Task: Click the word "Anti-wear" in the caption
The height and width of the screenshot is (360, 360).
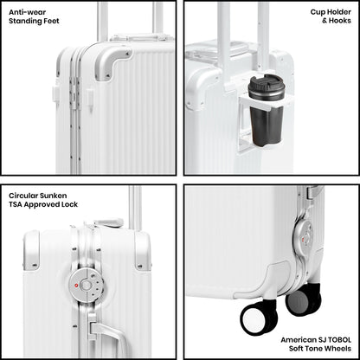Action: [27, 12]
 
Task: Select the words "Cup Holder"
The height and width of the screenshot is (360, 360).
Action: [331, 12]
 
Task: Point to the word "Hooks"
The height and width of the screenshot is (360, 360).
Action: [340, 21]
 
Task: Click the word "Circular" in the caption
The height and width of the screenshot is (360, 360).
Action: [23, 196]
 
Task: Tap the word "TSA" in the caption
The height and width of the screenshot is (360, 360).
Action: [16, 204]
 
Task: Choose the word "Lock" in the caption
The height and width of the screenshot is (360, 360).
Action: [69, 204]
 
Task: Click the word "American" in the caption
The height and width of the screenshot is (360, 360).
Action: [298, 340]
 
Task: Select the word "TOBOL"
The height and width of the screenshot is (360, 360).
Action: [339, 340]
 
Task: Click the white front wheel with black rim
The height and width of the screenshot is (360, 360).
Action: [259, 318]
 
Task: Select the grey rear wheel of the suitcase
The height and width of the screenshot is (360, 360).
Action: [303, 300]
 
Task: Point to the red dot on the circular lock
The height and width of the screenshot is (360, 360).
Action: [76, 286]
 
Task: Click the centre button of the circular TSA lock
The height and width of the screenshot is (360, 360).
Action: [86, 286]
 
